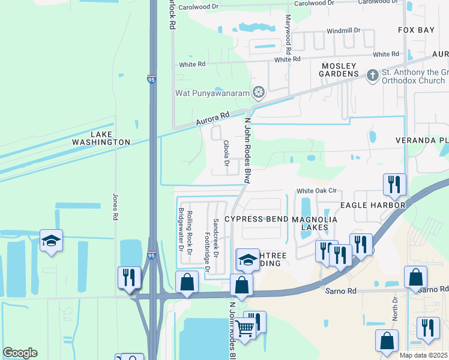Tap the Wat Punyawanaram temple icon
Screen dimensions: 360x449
click(259, 92)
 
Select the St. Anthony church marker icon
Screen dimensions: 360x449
click(372, 76)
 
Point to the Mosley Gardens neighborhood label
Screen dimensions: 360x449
click(339, 70)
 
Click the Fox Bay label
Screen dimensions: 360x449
click(415, 29)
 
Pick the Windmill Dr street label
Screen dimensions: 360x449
click(343, 30)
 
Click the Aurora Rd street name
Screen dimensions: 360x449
click(212, 119)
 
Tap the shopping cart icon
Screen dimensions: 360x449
click(245, 328)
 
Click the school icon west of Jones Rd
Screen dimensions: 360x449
click(51, 240)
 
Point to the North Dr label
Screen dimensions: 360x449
click(395, 307)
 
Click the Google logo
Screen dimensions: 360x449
click(20, 353)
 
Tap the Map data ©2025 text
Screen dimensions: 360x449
click(424, 355)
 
